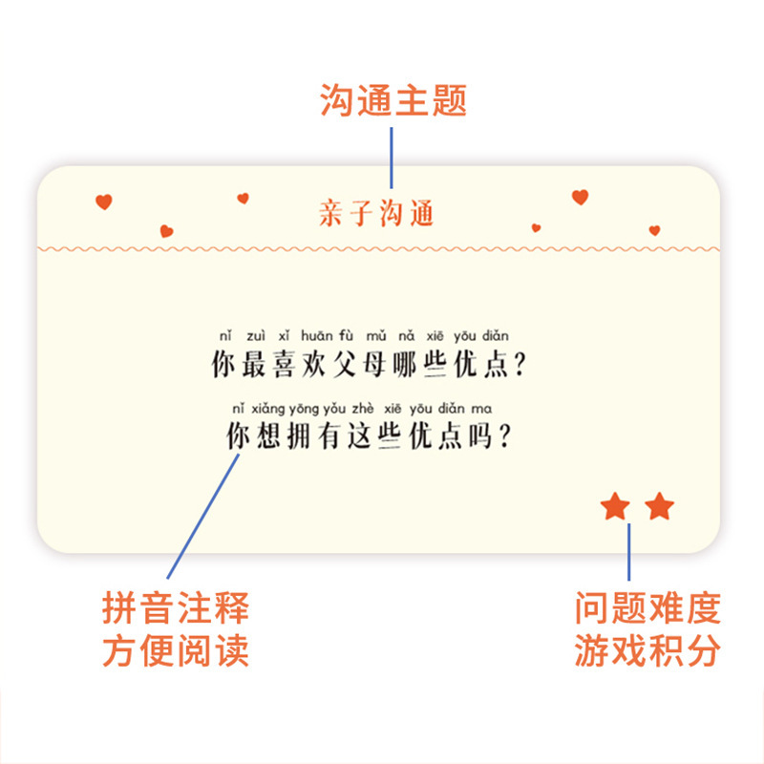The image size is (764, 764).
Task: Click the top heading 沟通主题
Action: [393, 99]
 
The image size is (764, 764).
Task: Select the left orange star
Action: [615, 507]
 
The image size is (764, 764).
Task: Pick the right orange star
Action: [659, 507]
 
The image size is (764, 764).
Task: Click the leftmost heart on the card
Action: [104, 202]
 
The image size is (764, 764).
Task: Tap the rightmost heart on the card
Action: [654, 230]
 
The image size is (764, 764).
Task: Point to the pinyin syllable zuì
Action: [256, 336]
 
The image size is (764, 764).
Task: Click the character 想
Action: [270, 435]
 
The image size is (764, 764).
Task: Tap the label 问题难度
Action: [647, 607]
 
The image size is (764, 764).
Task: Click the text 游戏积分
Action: [647, 651]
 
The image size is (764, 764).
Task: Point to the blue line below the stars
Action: [629, 552]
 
